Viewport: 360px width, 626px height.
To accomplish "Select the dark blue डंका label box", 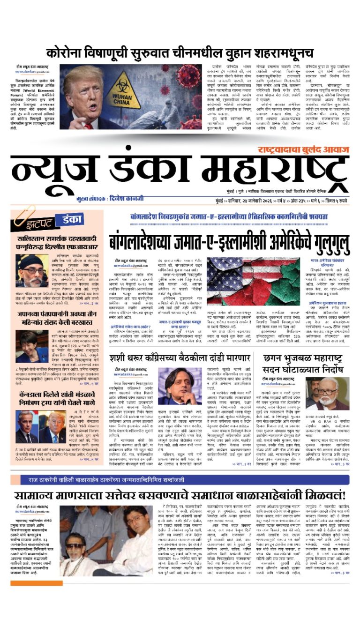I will tap(68, 219).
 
